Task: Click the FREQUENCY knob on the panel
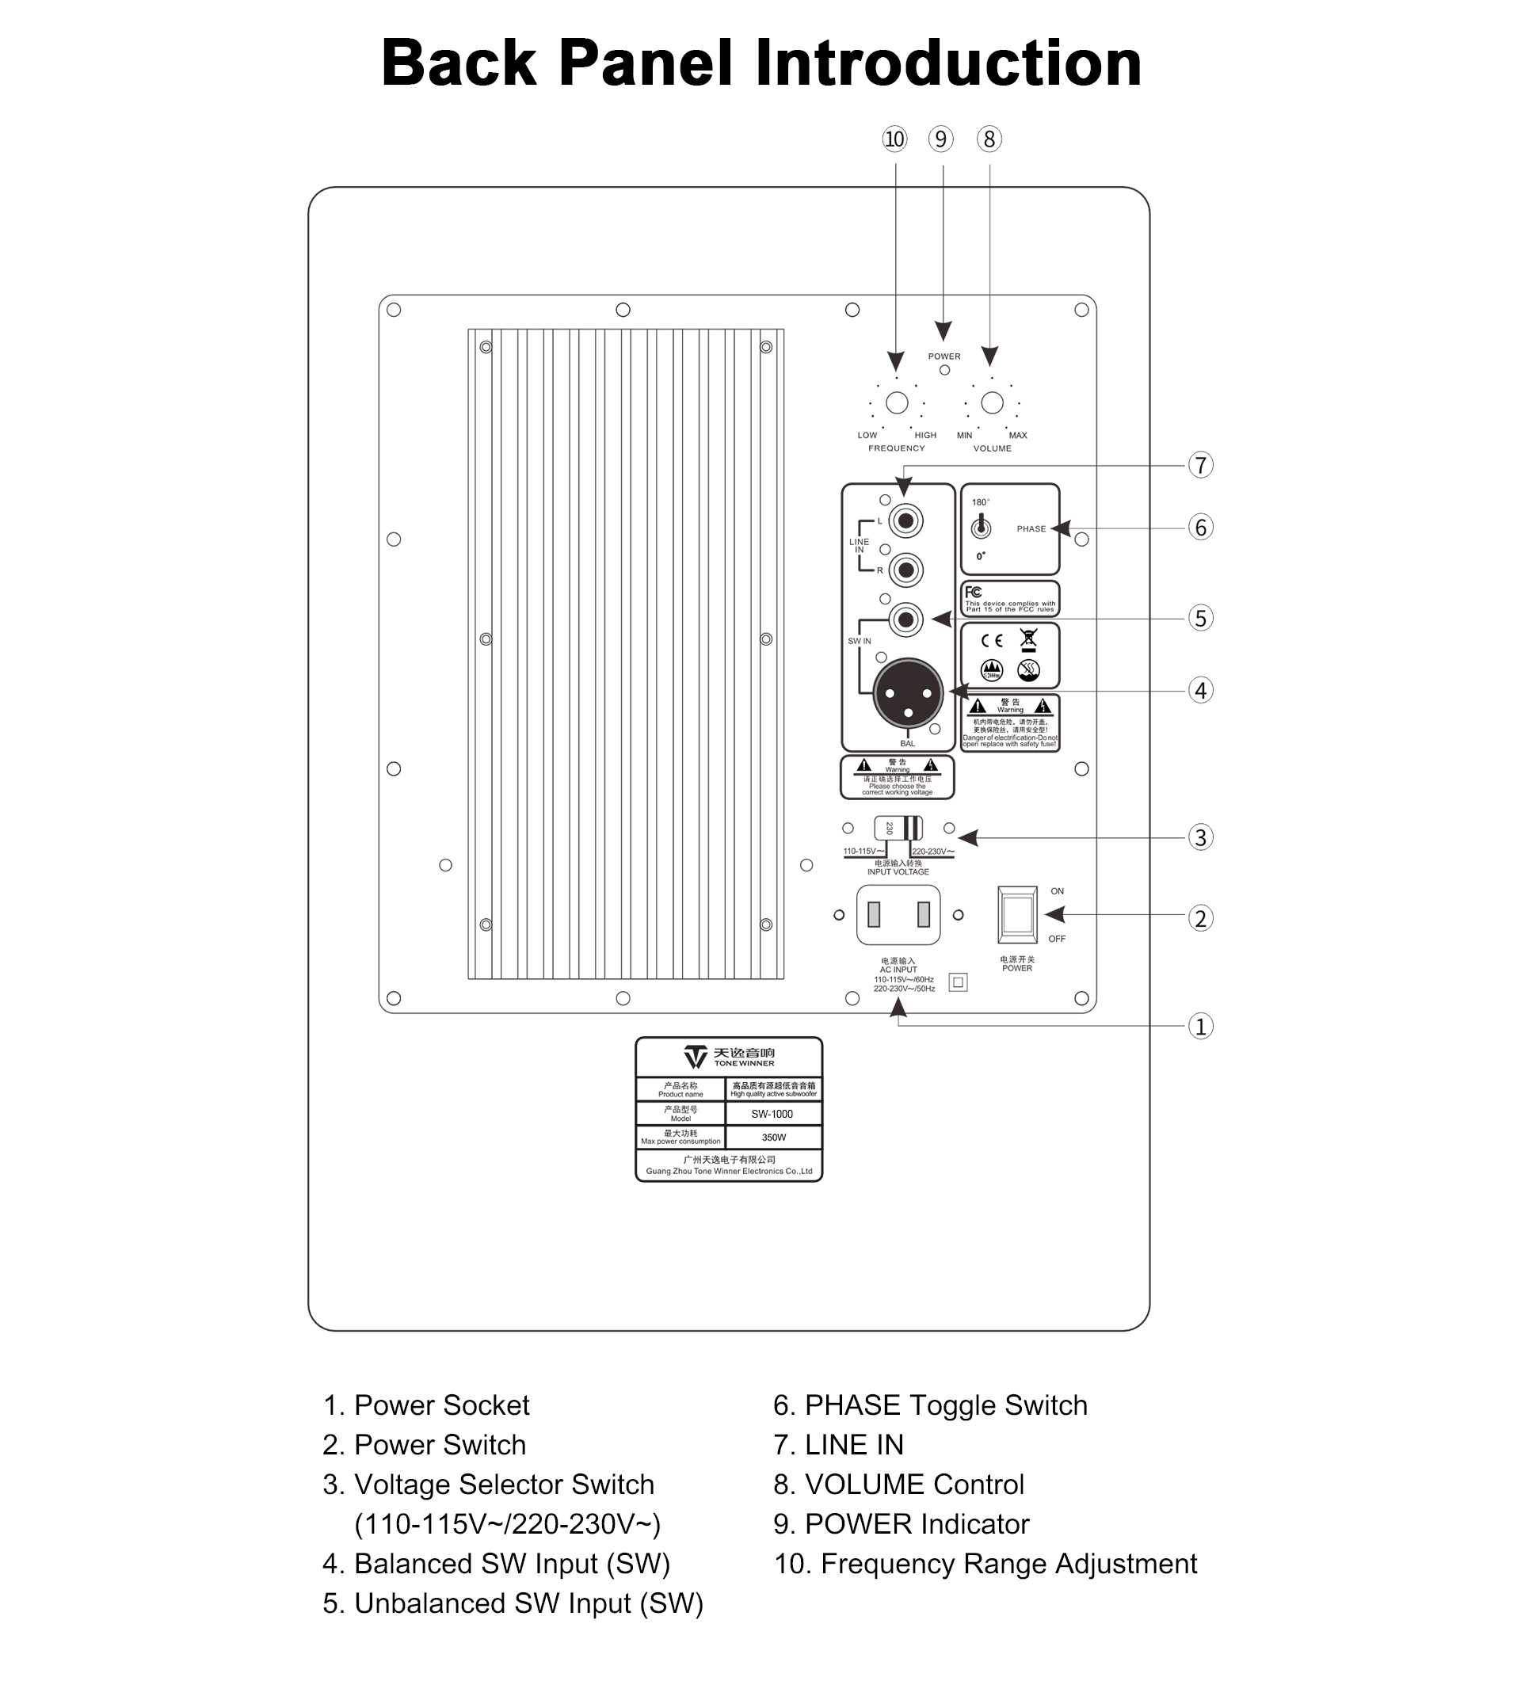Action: click(897, 402)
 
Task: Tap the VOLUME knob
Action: click(992, 402)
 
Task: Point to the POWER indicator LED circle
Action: click(944, 370)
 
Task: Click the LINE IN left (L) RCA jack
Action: click(905, 521)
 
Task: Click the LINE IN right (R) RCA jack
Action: click(905, 570)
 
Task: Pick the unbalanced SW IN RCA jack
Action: click(905, 619)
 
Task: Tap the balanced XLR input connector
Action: click(907, 693)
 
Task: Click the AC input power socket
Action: click(898, 915)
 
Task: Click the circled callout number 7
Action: click(1200, 465)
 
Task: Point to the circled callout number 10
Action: click(894, 139)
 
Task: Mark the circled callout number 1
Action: click(1200, 1026)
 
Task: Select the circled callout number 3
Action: click(1200, 837)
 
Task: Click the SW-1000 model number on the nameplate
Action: click(772, 1114)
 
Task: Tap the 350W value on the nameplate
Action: click(773, 1138)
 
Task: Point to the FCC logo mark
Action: click(973, 592)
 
